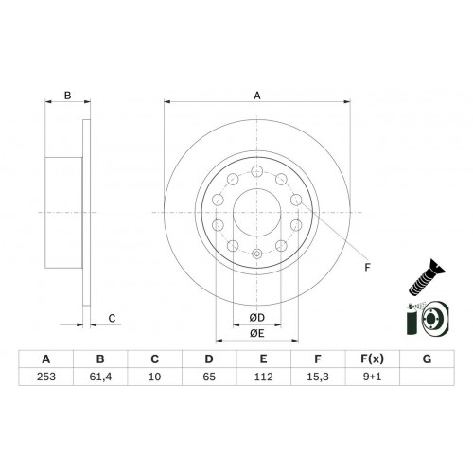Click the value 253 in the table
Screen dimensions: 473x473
[46, 377]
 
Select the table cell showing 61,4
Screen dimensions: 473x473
[100, 377]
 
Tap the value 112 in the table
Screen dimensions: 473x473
[263, 377]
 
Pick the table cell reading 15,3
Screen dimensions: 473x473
[318, 377]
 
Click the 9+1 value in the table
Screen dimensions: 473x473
[372, 377]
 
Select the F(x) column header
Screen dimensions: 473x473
[372, 359]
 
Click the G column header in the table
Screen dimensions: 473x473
[427, 359]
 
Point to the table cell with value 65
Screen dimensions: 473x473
[209, 377]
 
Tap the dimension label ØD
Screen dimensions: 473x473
[257, 318]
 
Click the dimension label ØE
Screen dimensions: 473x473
[257, 333]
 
